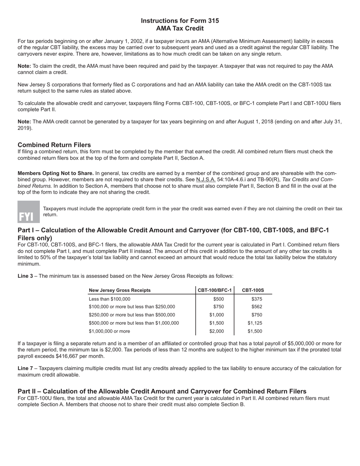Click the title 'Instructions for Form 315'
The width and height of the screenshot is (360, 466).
coord(180,21)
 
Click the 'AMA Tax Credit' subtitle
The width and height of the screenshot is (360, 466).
coord(180,28)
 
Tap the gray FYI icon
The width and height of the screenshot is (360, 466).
coord(28,211)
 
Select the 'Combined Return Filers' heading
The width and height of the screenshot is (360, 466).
coord(54,145)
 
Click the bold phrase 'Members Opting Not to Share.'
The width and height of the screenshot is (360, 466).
coord(56,174)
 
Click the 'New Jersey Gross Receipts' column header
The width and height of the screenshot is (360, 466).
coord(119,290)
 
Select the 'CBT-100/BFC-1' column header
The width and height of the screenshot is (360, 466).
coord(214,290)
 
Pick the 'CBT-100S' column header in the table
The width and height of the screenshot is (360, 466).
coord(253,290)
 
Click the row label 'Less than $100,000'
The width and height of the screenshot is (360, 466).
coord(110,299)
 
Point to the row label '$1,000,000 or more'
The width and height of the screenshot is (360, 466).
coord(109,331)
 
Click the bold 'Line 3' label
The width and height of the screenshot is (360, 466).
coord(25,276)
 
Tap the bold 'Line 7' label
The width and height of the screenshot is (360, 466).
coord(25,368)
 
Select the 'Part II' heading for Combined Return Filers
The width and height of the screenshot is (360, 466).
coord(162,391)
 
